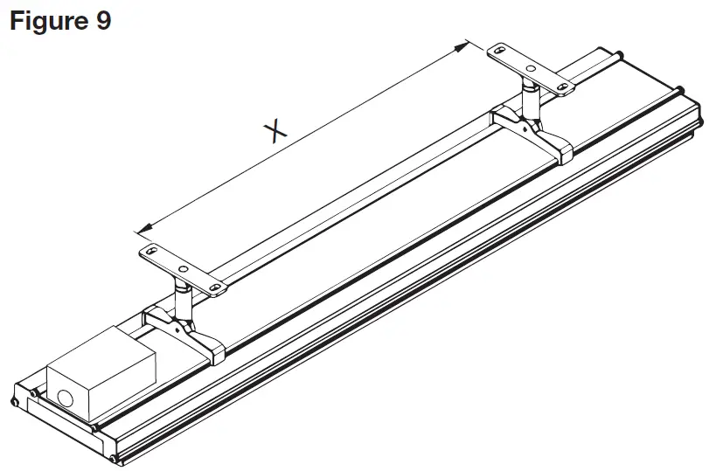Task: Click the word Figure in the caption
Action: tap(46, 20)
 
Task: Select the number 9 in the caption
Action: tap(102, 20)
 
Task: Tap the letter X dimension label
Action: tap(275, 130)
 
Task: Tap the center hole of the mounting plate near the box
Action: tap(182, 268)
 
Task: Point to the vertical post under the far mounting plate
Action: tap(531, 98)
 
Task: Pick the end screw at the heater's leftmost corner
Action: tap(15, 401)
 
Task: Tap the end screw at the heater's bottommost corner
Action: tap(114, 457)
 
